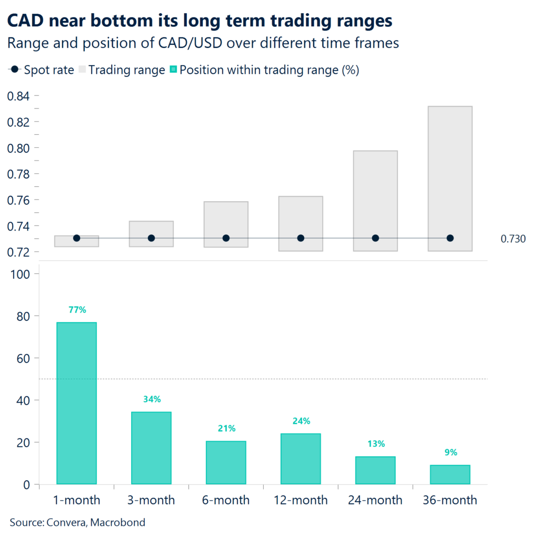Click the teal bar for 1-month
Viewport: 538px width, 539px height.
point(76,403)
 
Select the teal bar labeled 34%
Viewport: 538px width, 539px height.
point(151,447)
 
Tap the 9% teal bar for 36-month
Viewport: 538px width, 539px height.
point(450,474)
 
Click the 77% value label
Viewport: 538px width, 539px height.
point(77,310)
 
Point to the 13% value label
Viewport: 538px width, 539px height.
point(375,444)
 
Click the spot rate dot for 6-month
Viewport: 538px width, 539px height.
point(226,238)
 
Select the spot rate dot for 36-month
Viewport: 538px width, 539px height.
point(450,238)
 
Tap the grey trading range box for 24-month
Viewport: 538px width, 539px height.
point(375,195)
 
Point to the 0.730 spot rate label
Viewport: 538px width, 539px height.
point(512,239)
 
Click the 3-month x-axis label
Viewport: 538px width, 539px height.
point(151,500)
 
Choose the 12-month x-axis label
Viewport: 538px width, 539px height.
point(301,500)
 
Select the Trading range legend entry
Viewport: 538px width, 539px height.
point(122,70)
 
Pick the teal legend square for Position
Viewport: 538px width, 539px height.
point(174,70)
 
